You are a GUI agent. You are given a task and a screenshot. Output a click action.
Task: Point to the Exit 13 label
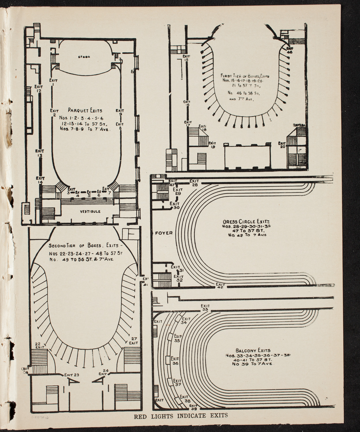point(39,153)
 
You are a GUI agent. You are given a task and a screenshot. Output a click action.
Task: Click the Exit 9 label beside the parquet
point(120,112)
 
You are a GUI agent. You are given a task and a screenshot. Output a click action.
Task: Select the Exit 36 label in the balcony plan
point(175,361)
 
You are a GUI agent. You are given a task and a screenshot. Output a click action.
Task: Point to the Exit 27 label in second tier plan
point(133,341)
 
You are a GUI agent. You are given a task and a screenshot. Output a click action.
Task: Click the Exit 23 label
point(72,375)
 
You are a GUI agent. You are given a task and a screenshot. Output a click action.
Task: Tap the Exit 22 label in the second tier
point(38,346)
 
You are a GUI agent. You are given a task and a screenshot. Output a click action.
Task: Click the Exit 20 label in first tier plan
point(282,145)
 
